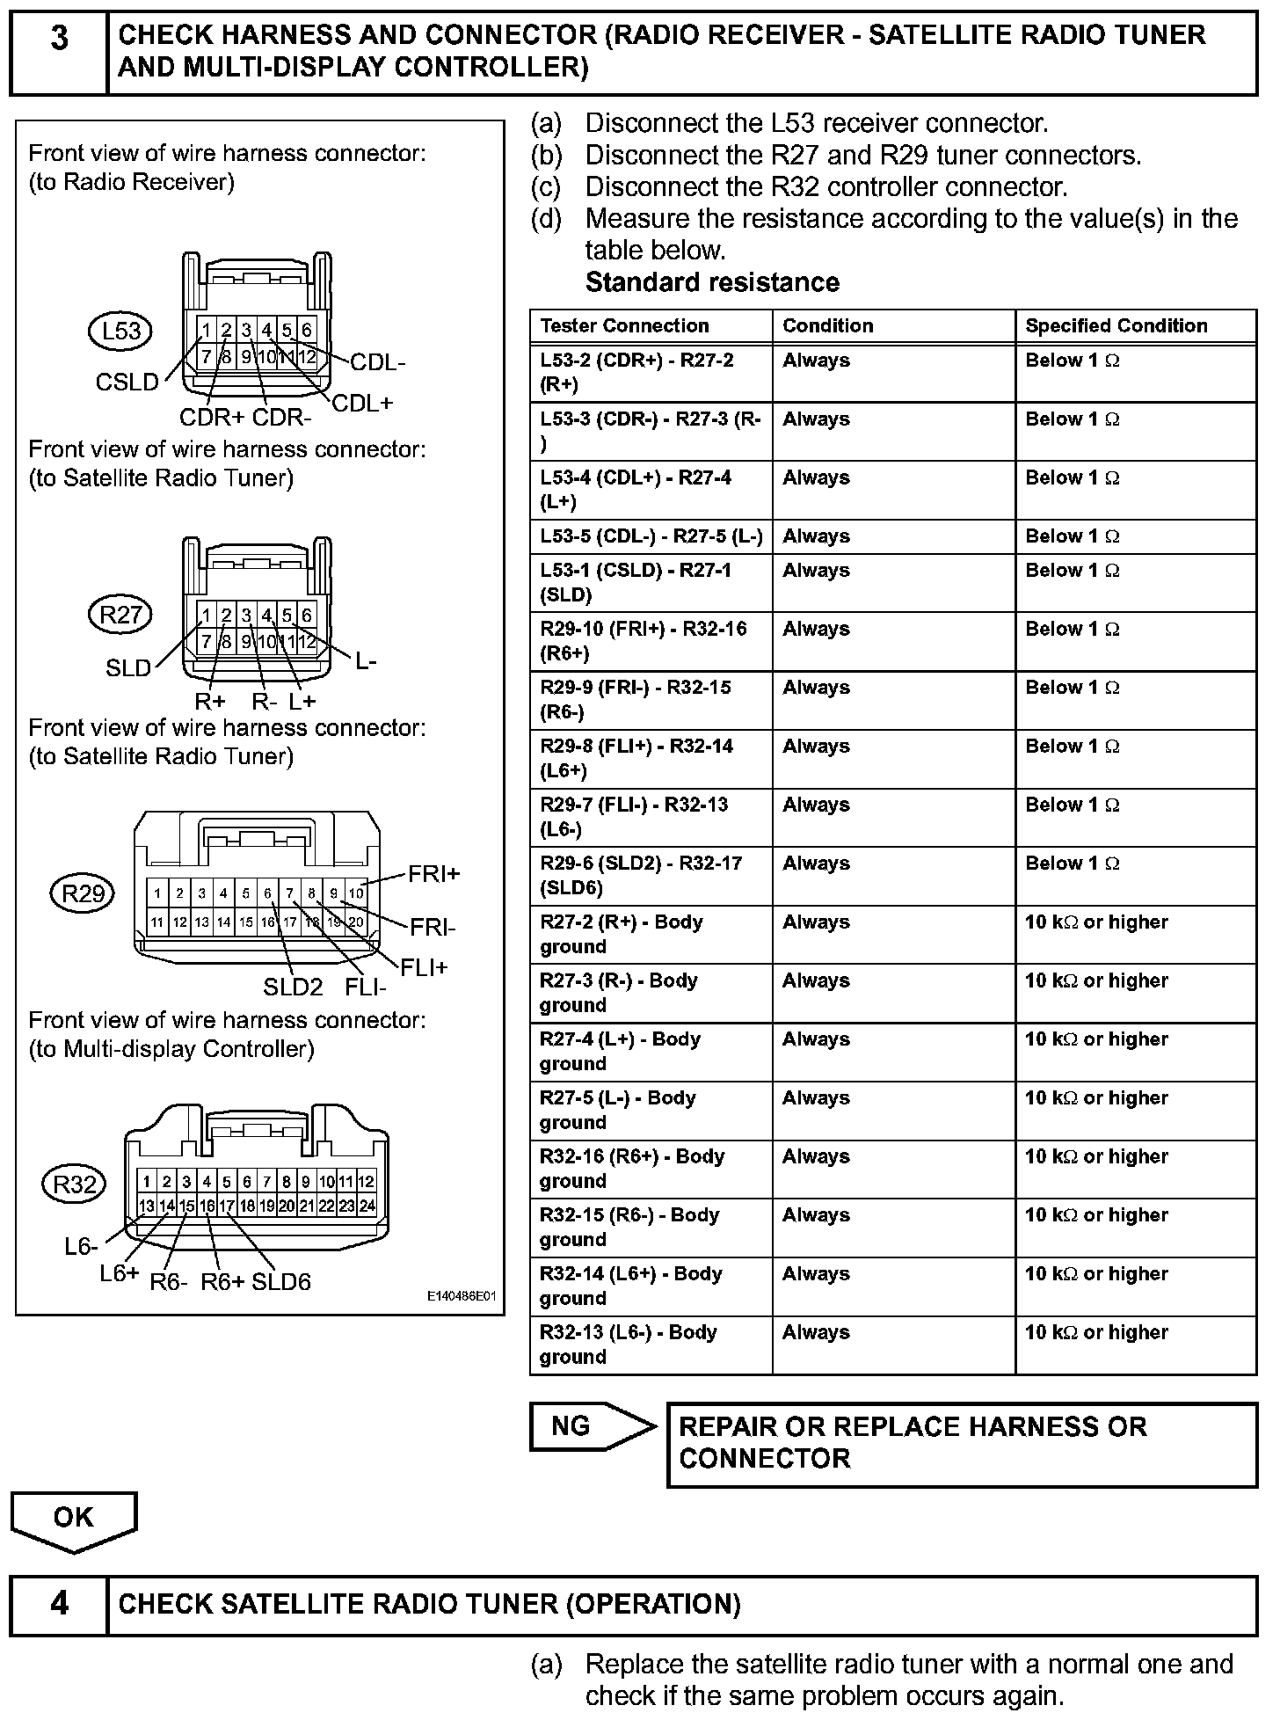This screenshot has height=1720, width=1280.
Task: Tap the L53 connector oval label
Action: point(120,332)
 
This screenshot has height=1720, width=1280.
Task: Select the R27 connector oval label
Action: point(120,615)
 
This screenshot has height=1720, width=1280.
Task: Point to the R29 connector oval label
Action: point(83,893)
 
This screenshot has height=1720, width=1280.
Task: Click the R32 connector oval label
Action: point(74,1184)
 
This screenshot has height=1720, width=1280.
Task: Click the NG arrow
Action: point(591,1425)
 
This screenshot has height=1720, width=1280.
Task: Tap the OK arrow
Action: point(73,1519)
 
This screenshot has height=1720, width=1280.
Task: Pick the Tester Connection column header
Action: point(624,325)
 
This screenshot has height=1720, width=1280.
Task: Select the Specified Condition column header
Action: point(1116,325)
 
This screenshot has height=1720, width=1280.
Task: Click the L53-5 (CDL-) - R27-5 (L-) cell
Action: point(651,536)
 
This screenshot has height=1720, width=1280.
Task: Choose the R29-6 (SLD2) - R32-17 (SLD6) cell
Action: point(651,875)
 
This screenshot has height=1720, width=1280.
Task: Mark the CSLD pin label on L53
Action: point(127,382)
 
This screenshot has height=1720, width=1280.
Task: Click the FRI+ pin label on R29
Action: point(433,874)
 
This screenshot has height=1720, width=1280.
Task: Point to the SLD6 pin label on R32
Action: point(281,1281)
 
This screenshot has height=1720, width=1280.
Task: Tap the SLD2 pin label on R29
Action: point(293,987)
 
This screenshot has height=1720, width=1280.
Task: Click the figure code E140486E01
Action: point(462,1296)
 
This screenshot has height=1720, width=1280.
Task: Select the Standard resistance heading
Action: point(712,282)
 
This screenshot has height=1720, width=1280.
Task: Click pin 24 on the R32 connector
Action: point(367,1206)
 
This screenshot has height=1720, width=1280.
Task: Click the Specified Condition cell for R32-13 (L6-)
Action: point(1135,1344)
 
